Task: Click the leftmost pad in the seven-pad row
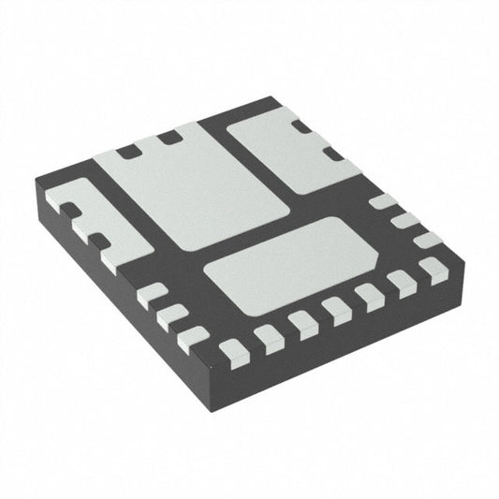pyautogui.click(x=232, y=352)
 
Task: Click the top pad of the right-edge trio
pyautogui.click(x=382, y=201)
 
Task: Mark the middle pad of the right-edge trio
pyautogui.click(x=404, y=221)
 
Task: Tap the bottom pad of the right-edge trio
pyautogui.click(x=427, y=240)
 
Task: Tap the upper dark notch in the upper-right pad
pyautogui.click(x=301, y=126)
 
